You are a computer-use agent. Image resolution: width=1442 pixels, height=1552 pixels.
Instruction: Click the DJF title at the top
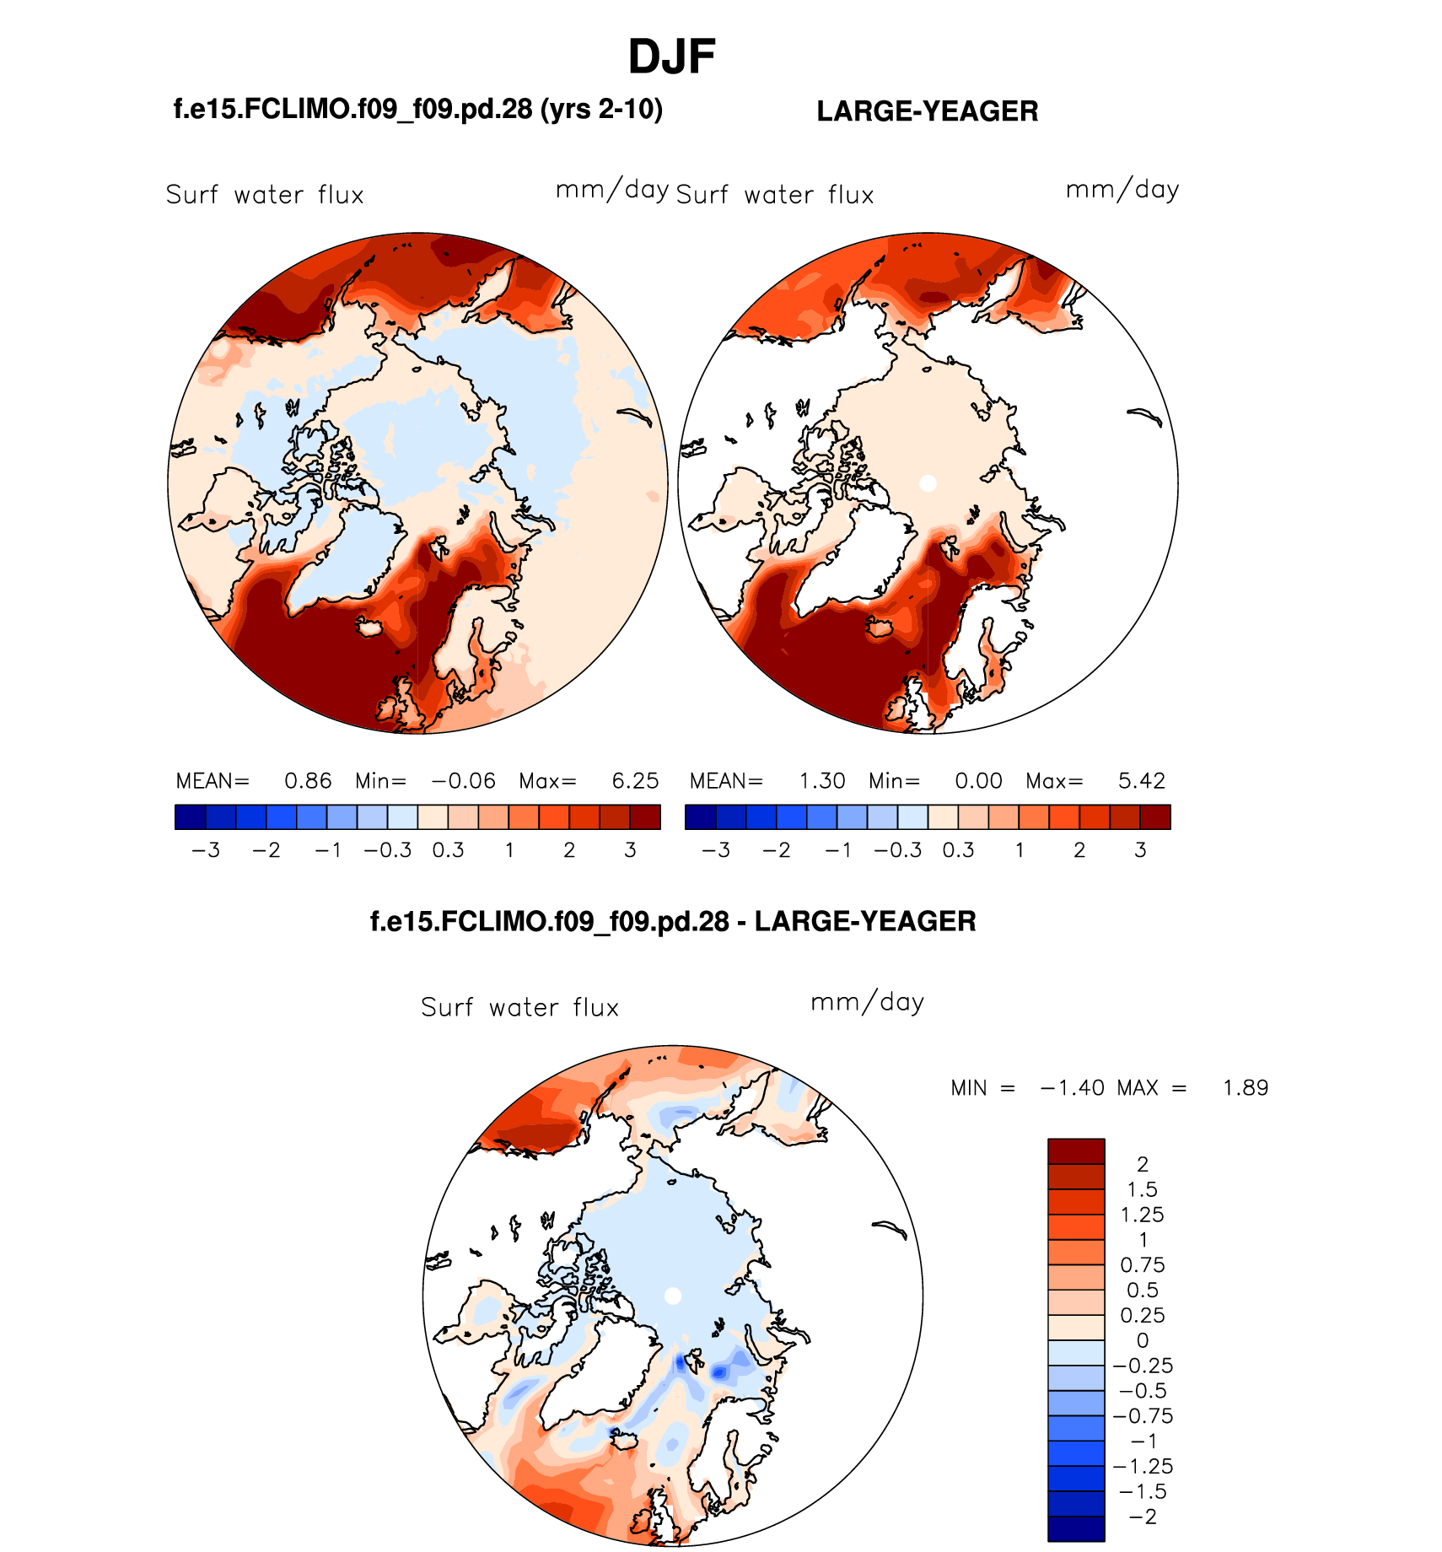(x=671, y=57)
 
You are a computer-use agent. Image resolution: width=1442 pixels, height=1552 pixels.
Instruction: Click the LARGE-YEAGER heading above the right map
(x=927, y=111)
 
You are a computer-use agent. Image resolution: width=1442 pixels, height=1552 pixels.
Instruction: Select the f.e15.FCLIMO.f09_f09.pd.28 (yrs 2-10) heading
(x=417, y=109)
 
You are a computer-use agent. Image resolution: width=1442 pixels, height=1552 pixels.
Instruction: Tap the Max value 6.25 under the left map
(x=635, y=781)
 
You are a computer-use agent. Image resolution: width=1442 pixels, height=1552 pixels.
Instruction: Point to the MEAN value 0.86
(x=308, y=781)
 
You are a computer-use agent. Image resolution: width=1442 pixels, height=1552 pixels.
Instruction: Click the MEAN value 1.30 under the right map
(x=822, y=781)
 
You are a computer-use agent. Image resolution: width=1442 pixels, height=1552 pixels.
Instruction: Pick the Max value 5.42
(x=1142, y=781)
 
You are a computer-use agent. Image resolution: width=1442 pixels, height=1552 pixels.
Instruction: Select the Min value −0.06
(x=463, y=781)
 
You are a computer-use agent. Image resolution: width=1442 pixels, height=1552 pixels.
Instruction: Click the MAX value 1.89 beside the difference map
(x=1246, y=1088)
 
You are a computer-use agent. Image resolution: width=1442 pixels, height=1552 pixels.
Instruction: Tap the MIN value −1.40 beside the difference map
(x=1072, y=1088)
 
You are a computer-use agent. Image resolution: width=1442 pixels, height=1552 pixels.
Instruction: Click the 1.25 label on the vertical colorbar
(x=1142, y=1215)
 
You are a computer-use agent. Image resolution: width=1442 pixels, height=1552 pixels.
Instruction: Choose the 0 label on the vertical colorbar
(x=1143, y=1340)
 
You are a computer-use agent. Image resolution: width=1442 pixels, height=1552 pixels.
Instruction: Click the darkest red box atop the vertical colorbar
(x=1076, y=1151)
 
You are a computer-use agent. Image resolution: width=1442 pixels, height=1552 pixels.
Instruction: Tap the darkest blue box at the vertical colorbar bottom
(x=1076, y=1528)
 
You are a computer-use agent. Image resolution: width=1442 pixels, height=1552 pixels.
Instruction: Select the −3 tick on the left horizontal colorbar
(x=206, y=850)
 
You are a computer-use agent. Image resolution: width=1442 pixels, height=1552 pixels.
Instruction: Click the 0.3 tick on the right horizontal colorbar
(x=958, y=850)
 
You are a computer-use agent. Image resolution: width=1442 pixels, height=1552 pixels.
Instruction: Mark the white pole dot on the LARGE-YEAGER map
(x=928, y=483)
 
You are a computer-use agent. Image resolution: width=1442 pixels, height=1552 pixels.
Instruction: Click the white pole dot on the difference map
(x=672, y=1296)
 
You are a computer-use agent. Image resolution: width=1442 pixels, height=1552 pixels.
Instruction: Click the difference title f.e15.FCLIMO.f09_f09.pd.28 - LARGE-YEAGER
(x=673, y=921)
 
